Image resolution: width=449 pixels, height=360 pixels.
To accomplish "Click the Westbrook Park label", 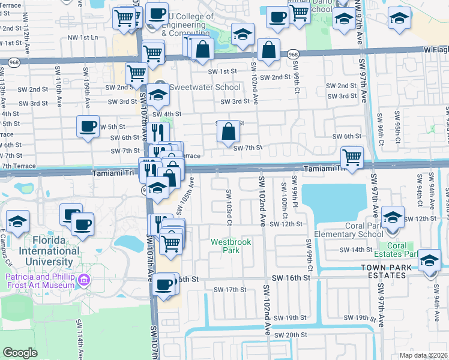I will pos(230,246).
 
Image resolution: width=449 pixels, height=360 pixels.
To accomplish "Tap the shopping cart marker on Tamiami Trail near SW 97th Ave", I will pos(352,157).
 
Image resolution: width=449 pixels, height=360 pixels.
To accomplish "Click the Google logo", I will pos(20,352).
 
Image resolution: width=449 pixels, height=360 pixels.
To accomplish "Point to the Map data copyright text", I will pos(423,355).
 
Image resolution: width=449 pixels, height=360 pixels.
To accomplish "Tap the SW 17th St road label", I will pos(226,290).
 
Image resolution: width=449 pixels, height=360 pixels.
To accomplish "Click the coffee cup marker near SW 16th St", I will pos(164,284).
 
